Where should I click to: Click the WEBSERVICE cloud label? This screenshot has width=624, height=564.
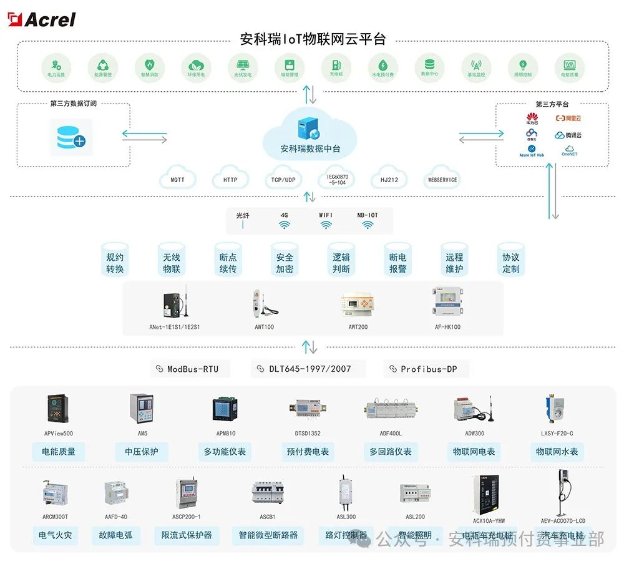tap(442, 180)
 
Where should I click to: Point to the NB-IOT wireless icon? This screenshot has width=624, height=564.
tap(367, 225)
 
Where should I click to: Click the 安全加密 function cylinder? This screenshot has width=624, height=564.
tap(285, 262)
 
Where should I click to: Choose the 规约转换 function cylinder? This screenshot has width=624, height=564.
tap(115, 262)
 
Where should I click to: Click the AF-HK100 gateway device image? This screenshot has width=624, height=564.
tap(447, 302)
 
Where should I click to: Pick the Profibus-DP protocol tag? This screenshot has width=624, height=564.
tap(427, 369)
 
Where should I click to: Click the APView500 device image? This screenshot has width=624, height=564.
tap(59, 409)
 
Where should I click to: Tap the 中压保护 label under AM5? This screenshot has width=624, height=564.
tap(142, 452)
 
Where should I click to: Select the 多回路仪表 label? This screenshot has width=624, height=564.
tap(391, 452)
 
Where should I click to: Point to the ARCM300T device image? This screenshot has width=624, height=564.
tap(55, 493)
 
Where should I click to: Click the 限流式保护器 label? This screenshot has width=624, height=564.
tap(187, 535)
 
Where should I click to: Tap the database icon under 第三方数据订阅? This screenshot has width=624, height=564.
tap(71, 137)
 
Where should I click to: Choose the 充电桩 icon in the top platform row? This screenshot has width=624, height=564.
tap(336, 66)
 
